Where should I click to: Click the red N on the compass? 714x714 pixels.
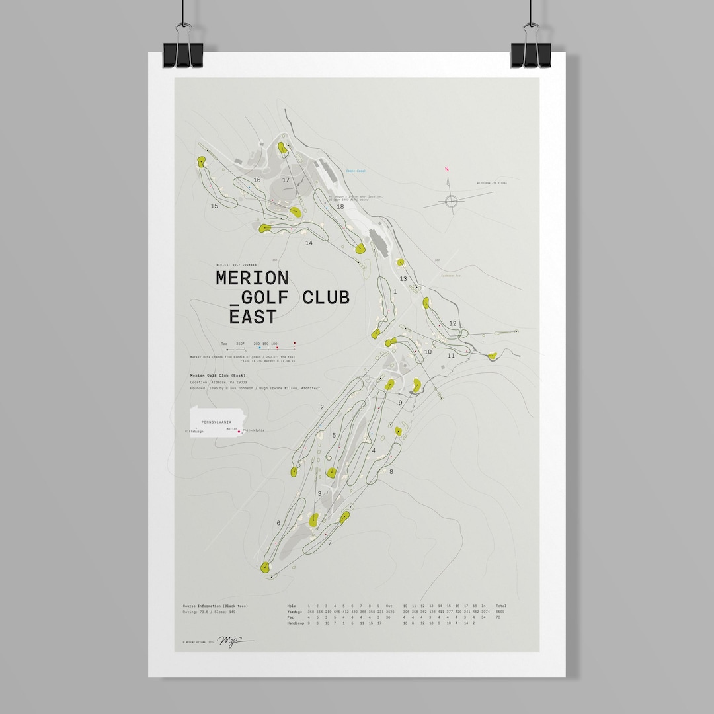pyautogui.click(x=447, y=169)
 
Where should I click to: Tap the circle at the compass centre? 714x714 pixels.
pyautogui.click(x=452, y=201)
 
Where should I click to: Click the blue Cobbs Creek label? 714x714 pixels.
pyautogui.click(x=355, y=171)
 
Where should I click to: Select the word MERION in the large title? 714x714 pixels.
pyautogui.click(x=252, y=278)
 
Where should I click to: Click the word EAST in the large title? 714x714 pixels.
pyautogui.click(x=253, y=317)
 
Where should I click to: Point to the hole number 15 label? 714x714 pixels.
pyautogui.click(x=214, y=206)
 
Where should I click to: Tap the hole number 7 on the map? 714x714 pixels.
pyautogui.click(x=330, y=543)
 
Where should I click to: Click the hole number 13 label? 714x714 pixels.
pyautogui.click(x=403, y=279)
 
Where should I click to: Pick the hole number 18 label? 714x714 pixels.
pyautogui.click(x=340, y=207)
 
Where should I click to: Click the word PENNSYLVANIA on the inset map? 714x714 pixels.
pyautogui.click(x=217, y=421)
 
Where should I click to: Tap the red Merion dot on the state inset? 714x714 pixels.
pyautogui.click(x=239, y=431)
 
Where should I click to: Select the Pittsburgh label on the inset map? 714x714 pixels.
pyautogui.click(x=194, y=431)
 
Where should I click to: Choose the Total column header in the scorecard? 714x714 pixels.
pyautogui.click(x=501, y=606)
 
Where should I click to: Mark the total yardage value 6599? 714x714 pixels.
pyautogui.click(x=500, y=612)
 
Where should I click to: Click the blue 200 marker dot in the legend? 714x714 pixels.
pyautogui.click(x=260, y=348)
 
